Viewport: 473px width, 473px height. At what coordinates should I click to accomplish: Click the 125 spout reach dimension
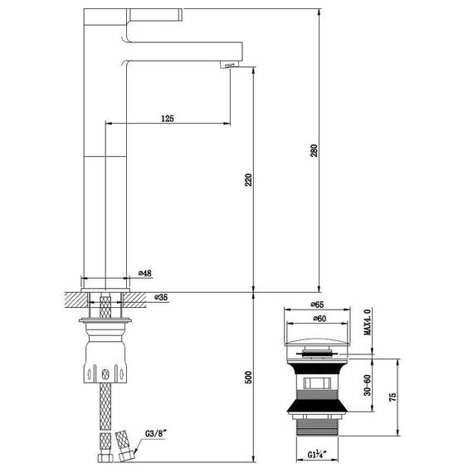pos(167,119)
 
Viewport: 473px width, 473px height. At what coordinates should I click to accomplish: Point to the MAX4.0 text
pos(365,322)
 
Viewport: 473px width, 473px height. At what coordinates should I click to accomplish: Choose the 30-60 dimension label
pos(366,387)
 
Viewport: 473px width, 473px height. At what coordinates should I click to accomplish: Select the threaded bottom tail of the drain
pos(317,427)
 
